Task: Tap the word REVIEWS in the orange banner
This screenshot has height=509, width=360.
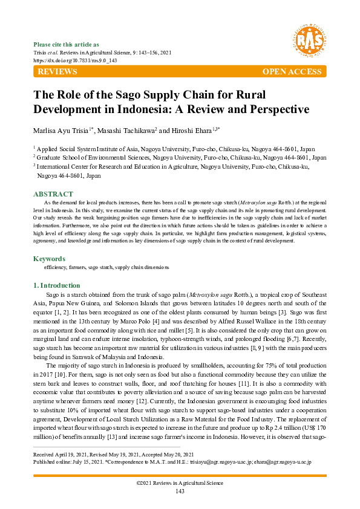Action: [x=57, y=72]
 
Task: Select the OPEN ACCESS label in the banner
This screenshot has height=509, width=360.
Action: [x=292, y=72]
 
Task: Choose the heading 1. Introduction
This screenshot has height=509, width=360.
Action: [x=56, y=285]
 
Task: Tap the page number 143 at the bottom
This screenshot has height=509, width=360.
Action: [x=180, y=491]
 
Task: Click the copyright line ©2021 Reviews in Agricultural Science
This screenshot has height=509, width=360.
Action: [x=180, y=484]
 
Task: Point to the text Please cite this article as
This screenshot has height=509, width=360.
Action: [x=66, y=45]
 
